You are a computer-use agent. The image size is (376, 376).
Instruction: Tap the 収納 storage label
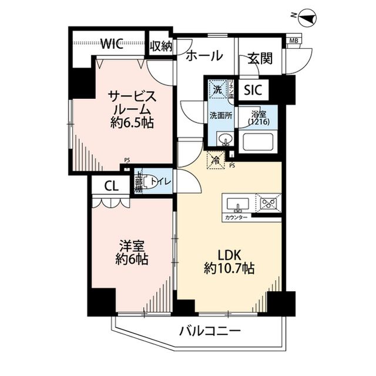(x=160, y=46)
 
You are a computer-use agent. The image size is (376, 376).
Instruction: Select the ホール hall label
(x=204, y=56)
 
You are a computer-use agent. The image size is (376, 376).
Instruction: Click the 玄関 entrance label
(x=259, y=58)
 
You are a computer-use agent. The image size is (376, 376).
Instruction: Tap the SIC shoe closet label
(x=253, y=90)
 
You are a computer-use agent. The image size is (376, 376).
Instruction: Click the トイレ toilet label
(x=161, y=182)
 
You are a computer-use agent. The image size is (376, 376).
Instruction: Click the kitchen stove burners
(x=269, y=204)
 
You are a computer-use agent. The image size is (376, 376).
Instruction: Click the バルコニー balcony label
(x=209, y=331)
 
